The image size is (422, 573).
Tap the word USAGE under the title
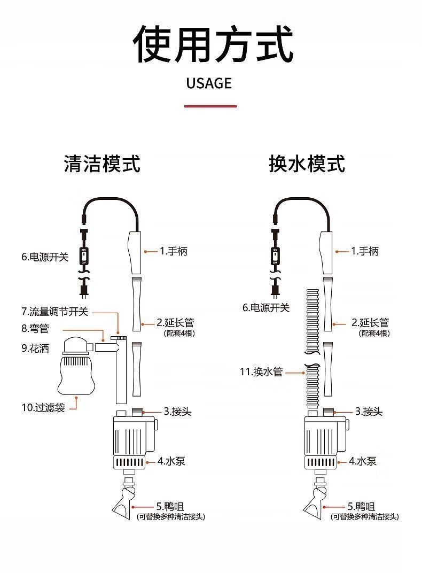click(x=209, y=83)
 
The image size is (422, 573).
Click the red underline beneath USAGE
click(x=210, y=106)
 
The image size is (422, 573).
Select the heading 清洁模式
click(x=102, y=164)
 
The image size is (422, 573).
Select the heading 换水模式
click(x=307, y=164)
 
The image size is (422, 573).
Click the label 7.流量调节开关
click(x=54, y=311)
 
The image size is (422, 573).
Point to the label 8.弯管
click(x=35, y=328)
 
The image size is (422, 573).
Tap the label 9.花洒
click(x=35, y=348)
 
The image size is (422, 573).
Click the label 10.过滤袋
click(x=43, y=408)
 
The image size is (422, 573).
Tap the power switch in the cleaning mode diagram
click(x=83, y=256)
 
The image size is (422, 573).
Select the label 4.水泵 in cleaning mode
click(x=171, y=461)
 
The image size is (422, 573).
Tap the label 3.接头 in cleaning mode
click(x=177, y=412)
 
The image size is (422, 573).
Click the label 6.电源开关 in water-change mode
click(x=266, y=308)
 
